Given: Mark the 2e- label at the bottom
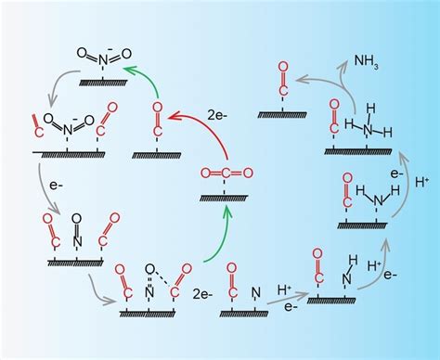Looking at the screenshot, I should point(203,295).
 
